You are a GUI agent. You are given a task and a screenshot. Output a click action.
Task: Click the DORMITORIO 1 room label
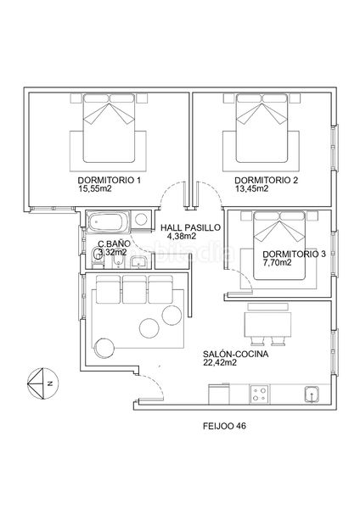[x=110, y=180]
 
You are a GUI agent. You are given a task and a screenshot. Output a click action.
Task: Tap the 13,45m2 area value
[x=252, y=188]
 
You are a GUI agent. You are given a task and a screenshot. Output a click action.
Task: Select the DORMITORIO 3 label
[x=294, y=255]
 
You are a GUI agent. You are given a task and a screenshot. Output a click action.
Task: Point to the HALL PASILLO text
[x=190, y=228]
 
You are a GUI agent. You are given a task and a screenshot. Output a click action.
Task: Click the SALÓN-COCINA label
[x=235, y=354]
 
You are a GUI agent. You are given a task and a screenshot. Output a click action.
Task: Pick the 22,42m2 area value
[x=220, y=362]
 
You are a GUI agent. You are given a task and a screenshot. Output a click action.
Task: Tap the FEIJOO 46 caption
[x=224, y=426]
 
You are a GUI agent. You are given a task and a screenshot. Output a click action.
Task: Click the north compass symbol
[x=42, y=383]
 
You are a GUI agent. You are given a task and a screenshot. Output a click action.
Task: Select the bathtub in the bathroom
[x=108, y=222]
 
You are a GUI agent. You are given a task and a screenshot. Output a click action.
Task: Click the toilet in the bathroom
[x=97, y=258]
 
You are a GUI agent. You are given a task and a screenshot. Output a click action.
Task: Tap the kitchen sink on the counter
[x=312, y=395]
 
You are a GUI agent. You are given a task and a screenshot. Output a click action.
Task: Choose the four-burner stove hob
[x=260, y=394]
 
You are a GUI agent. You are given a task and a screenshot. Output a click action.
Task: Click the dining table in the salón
[x=267, y=325]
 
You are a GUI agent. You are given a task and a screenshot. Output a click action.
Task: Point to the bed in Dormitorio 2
[x=262, y=128]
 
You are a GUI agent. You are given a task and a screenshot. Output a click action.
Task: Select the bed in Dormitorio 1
[x=110, y=128]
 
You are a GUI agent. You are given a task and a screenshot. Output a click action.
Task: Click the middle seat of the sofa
[x=134, y=289]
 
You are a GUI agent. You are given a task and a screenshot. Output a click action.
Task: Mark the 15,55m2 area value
[x=95, y=188]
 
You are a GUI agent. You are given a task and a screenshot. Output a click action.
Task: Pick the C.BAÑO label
[x=114, y=243]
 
